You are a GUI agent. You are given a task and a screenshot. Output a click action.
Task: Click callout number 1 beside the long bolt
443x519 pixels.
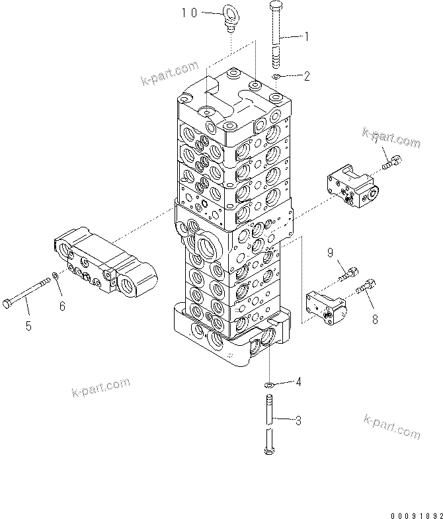pyautogui.click(x=305, y=38)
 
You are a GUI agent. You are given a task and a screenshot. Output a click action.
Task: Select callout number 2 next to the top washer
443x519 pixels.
pyautogui.click(x=306, y=76)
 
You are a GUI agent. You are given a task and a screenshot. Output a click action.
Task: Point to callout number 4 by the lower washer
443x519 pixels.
pyautogui.click(x=298, y=381)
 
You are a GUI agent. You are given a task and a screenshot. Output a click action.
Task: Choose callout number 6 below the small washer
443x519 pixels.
pyautogui.click(x=63, y=305)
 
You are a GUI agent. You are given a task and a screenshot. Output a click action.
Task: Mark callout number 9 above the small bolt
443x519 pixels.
pyautogui.click(x=331, y=252)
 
